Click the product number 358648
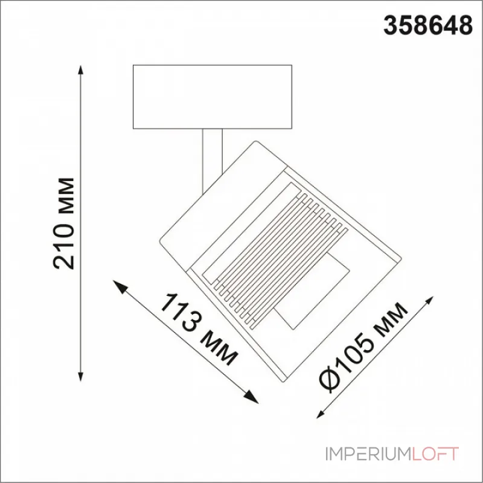[428, 26]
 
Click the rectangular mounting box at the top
[212, 97]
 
